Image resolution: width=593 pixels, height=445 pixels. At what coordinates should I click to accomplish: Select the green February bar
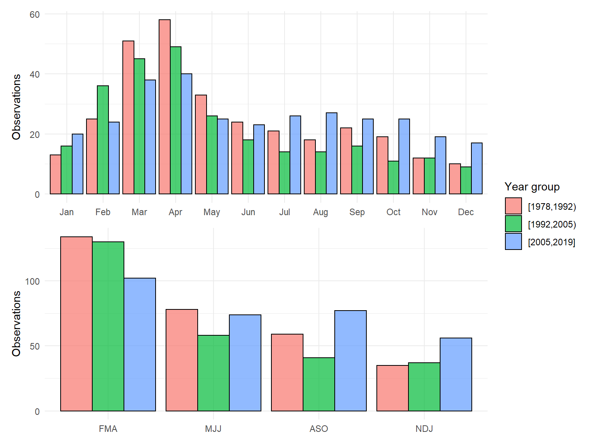point(103,140)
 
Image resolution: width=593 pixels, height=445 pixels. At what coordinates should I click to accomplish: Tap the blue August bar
point(332,153)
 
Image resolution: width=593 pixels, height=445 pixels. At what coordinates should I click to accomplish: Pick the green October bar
point(393,177)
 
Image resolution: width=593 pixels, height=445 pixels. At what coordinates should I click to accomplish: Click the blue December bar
point(477,168)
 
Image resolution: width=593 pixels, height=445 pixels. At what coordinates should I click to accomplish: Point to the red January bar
point(56,174)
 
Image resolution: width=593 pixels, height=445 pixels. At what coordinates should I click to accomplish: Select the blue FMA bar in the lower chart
point(140,345)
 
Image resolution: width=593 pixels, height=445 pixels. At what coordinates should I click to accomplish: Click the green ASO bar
point(319,384)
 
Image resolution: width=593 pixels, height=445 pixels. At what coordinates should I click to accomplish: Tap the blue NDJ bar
point(456,374)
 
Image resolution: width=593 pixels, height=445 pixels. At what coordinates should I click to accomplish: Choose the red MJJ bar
point(182,360)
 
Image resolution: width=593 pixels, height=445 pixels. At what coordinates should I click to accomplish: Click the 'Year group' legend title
point(532,187)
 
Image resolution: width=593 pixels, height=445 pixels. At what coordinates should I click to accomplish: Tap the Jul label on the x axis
point(285,212)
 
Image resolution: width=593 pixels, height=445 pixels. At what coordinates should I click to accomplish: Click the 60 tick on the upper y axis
point(35,15)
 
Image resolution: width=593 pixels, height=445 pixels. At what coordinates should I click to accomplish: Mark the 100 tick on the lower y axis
point(32,281)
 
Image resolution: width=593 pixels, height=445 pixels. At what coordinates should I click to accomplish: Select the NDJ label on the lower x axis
point(424,429)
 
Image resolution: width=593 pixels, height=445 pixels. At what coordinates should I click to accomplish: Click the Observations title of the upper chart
point(16,107)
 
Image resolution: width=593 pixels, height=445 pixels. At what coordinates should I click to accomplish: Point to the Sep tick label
point(357,212)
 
